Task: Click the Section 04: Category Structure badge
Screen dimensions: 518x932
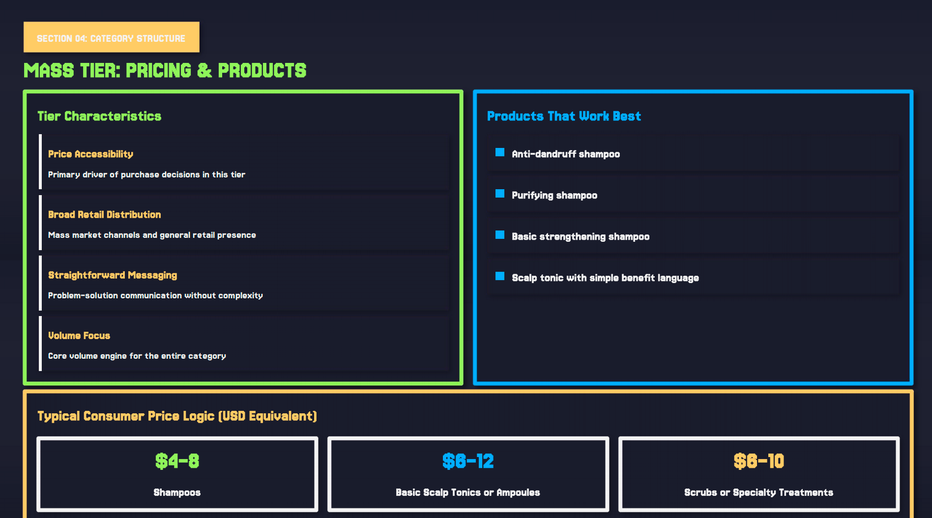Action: (111, 38)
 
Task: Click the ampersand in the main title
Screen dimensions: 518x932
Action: (204, 71)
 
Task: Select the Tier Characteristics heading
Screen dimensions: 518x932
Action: (99, 116)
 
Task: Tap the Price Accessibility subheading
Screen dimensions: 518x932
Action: (90, 154)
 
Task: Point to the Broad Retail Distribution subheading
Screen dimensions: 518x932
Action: (104, 214)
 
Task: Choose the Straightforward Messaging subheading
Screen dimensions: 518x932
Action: (113, 275)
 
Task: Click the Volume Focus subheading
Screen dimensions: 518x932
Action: (79, 335)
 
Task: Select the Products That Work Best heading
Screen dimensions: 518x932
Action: (564, 116)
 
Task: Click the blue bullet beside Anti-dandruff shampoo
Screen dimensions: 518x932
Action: (500, 152)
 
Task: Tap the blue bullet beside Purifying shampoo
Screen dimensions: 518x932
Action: (500, 194)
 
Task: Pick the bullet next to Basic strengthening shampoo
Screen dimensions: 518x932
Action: (500, 235)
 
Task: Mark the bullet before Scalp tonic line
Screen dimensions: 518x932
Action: (500, 276)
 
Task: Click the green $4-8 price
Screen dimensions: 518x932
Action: (177, 461)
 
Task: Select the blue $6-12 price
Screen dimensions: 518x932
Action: (468, 461)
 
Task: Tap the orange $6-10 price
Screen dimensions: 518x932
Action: (758, 461)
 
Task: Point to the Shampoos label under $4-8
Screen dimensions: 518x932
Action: (177, 492)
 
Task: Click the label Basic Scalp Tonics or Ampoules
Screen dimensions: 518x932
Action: (468, 492)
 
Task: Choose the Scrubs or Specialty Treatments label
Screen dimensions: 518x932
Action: (758, 492)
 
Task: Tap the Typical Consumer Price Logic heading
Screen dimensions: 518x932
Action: (177, 416)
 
